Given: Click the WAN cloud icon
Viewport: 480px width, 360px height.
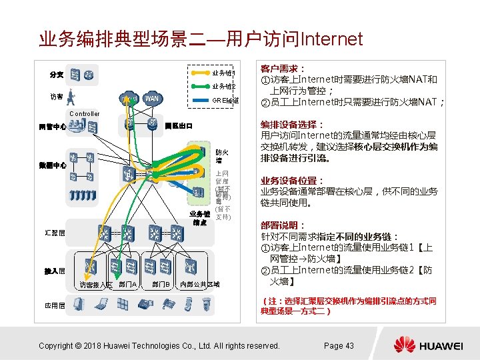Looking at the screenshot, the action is coord(152,98).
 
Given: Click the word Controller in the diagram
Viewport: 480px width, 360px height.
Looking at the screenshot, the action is coord(84,114).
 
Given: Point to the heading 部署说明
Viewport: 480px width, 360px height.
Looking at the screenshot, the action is coord(283,225).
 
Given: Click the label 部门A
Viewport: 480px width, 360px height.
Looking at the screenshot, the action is coord(128,285).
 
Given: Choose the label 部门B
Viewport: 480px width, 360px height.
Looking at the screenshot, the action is coord(160,285).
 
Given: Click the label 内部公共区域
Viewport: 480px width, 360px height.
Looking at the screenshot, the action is coord(200,285).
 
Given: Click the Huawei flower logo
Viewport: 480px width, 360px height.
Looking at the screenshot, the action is coord(404,345).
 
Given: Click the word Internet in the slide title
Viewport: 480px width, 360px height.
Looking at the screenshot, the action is coord(332,39).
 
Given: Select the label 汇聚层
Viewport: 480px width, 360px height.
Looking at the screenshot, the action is coord(55,233).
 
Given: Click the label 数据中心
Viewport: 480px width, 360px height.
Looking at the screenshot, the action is coord(52,165).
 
